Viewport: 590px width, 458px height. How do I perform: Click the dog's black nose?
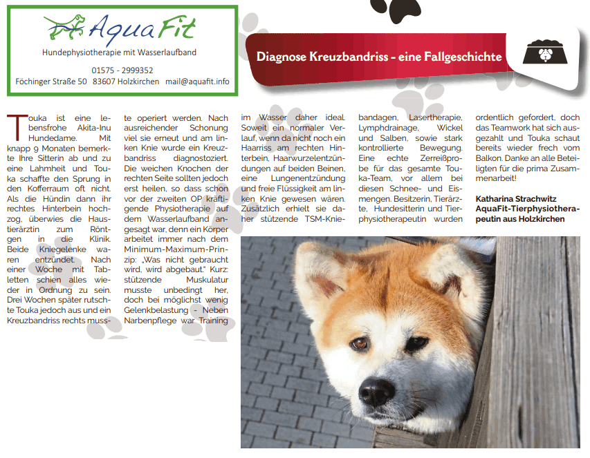[378, 392]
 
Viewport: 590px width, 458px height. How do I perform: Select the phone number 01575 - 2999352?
[122, 70]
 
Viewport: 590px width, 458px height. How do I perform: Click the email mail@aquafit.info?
[197, 82]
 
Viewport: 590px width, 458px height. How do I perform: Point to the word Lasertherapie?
[433, 118]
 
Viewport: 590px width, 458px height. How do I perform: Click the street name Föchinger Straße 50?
[51, 82]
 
